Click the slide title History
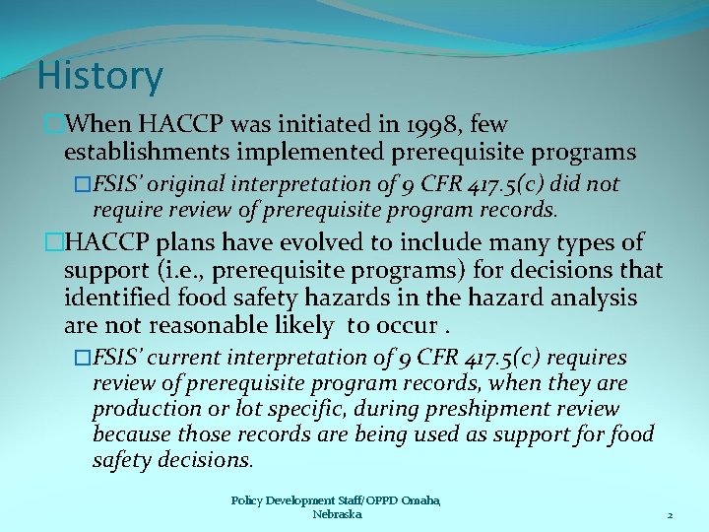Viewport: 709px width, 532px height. (x=100, y=76)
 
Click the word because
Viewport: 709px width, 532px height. (x=132, y=434)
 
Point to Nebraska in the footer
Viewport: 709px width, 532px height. (x=337, y=514)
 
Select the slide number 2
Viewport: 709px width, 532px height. (x=670, y=515)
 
